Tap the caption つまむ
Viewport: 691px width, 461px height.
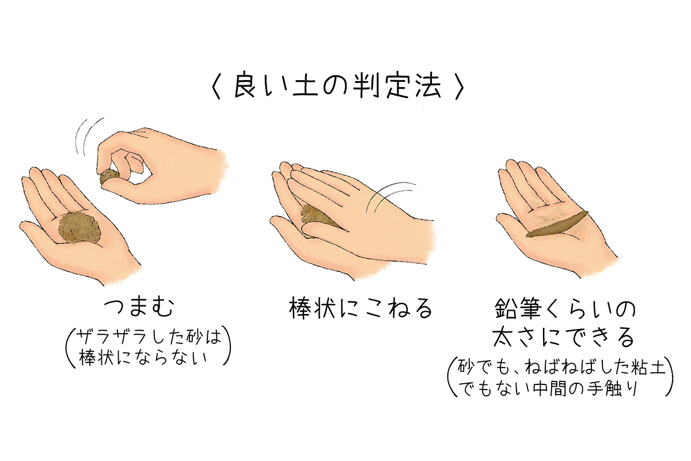(139, 308)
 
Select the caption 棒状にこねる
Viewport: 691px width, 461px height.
(360, 308)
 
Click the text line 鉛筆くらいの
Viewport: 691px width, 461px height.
(565, 308)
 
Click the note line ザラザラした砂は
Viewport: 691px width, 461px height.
(149, 337)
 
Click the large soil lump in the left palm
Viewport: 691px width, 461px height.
(79, 229)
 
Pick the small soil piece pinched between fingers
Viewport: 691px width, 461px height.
(109, 177)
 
